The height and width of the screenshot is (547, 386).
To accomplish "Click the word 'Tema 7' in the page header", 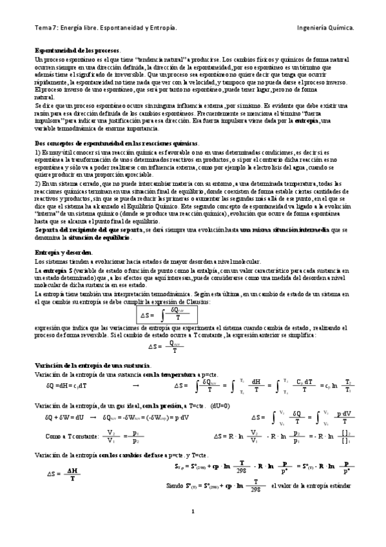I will [45, 28].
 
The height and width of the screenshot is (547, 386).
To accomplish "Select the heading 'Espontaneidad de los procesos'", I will [77, 50].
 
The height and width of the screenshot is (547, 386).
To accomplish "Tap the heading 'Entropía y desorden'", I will [64, 252].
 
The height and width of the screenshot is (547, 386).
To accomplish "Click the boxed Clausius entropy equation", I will [168, 315].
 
